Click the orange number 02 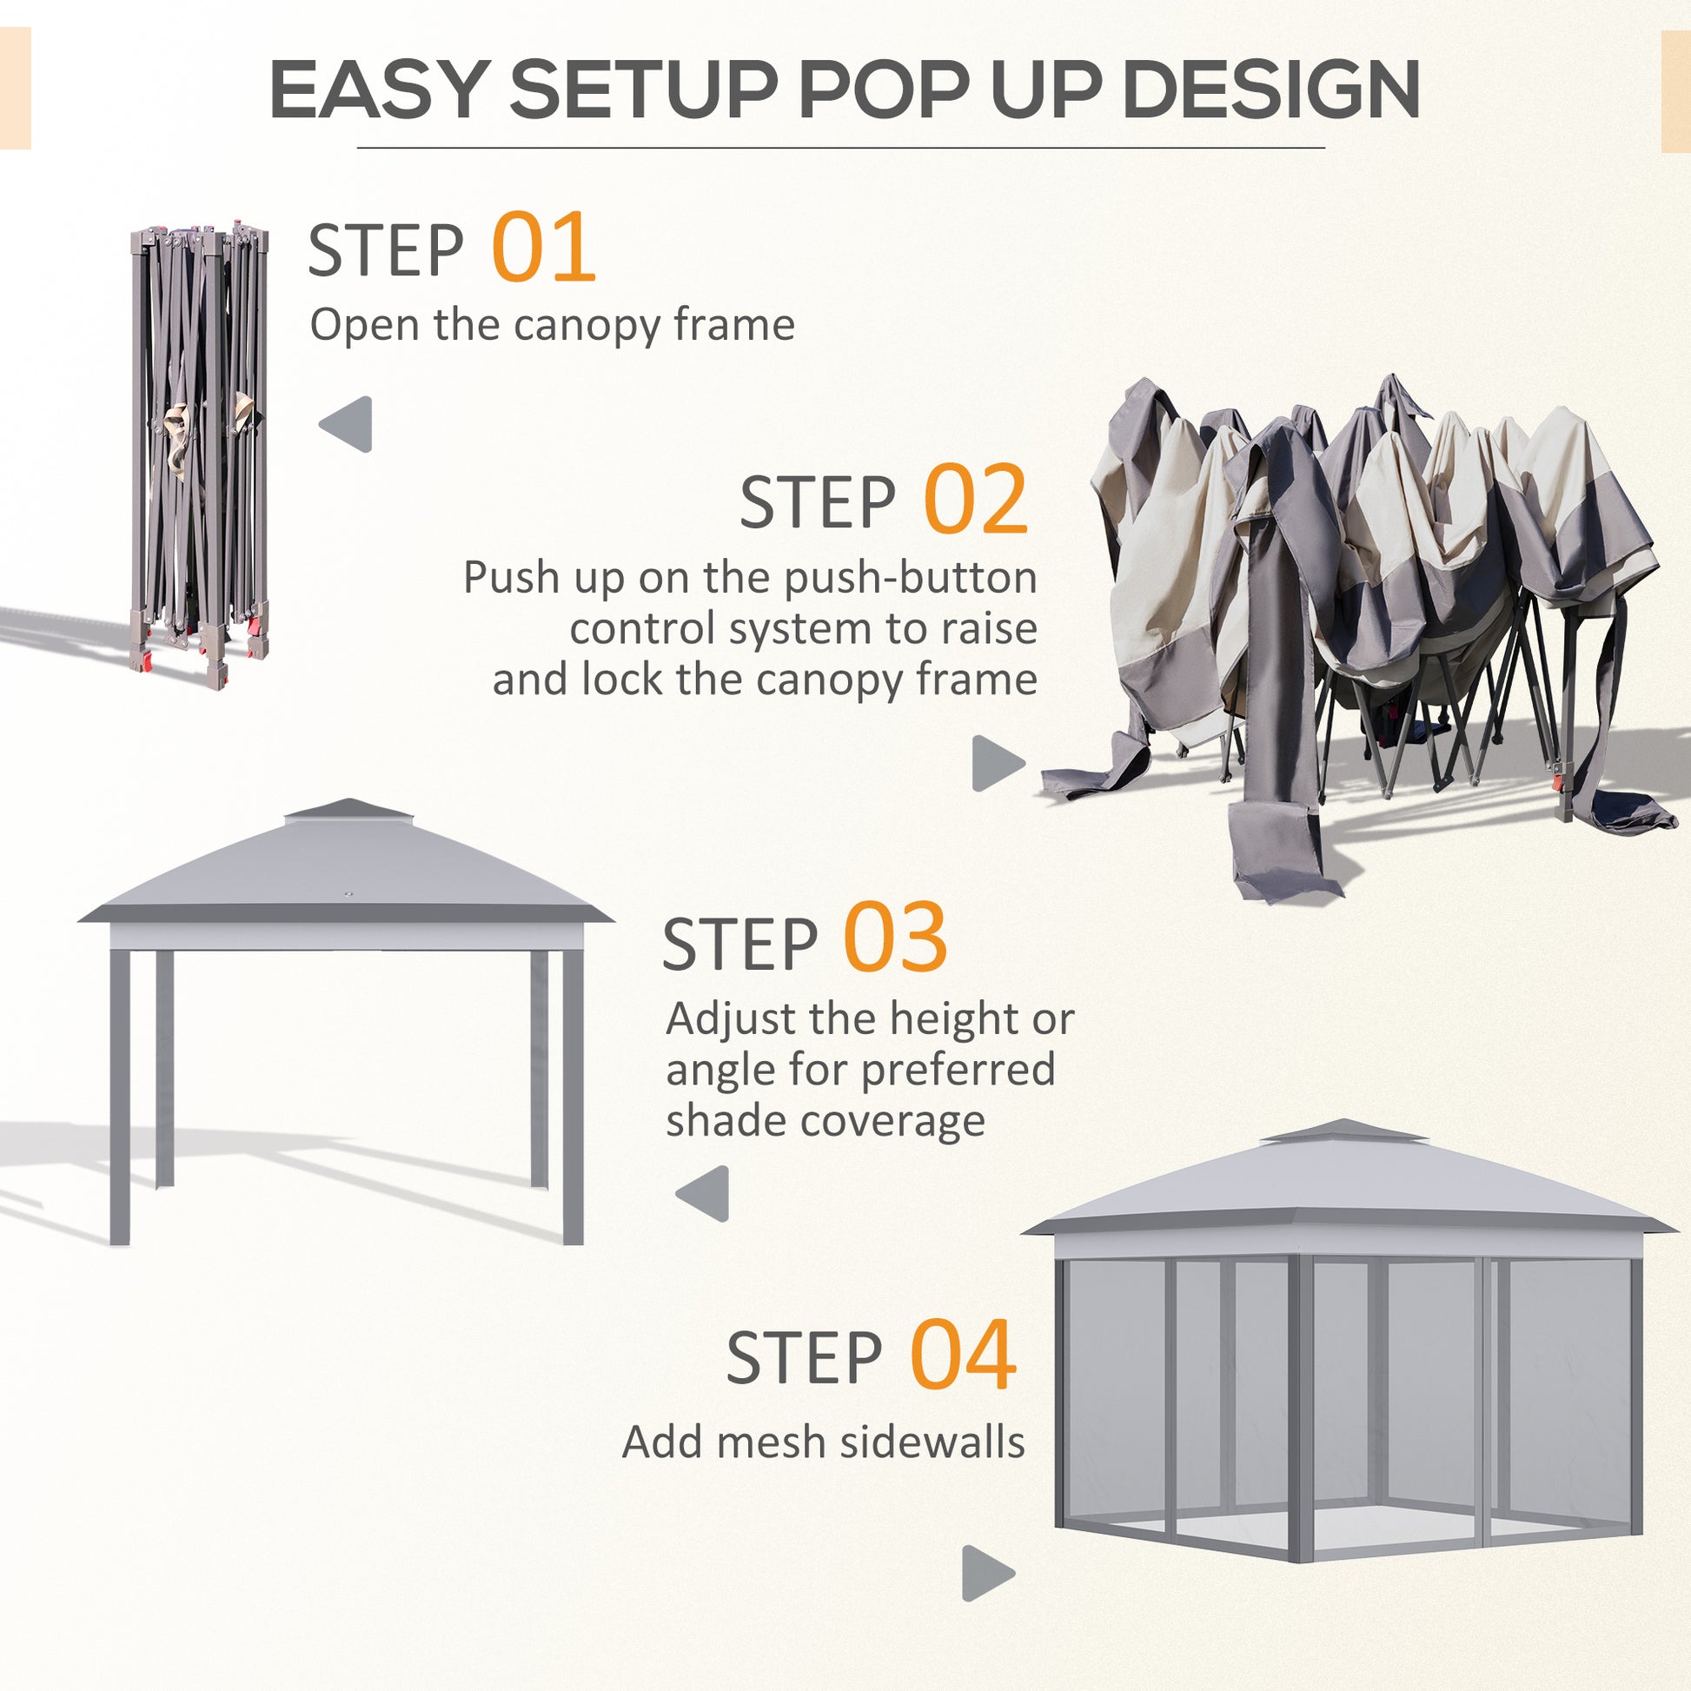coord(975,500)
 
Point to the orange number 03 coord(894,939)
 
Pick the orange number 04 coord(963,1357)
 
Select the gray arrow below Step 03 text coord(704,1194)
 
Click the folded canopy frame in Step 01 coord(201,455)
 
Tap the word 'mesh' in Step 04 coord(770,1443)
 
